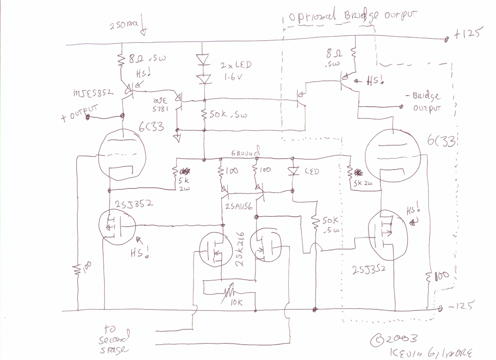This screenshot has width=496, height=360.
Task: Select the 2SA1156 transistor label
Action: point(238,206)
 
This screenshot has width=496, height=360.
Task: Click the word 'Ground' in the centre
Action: point(245,154)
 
